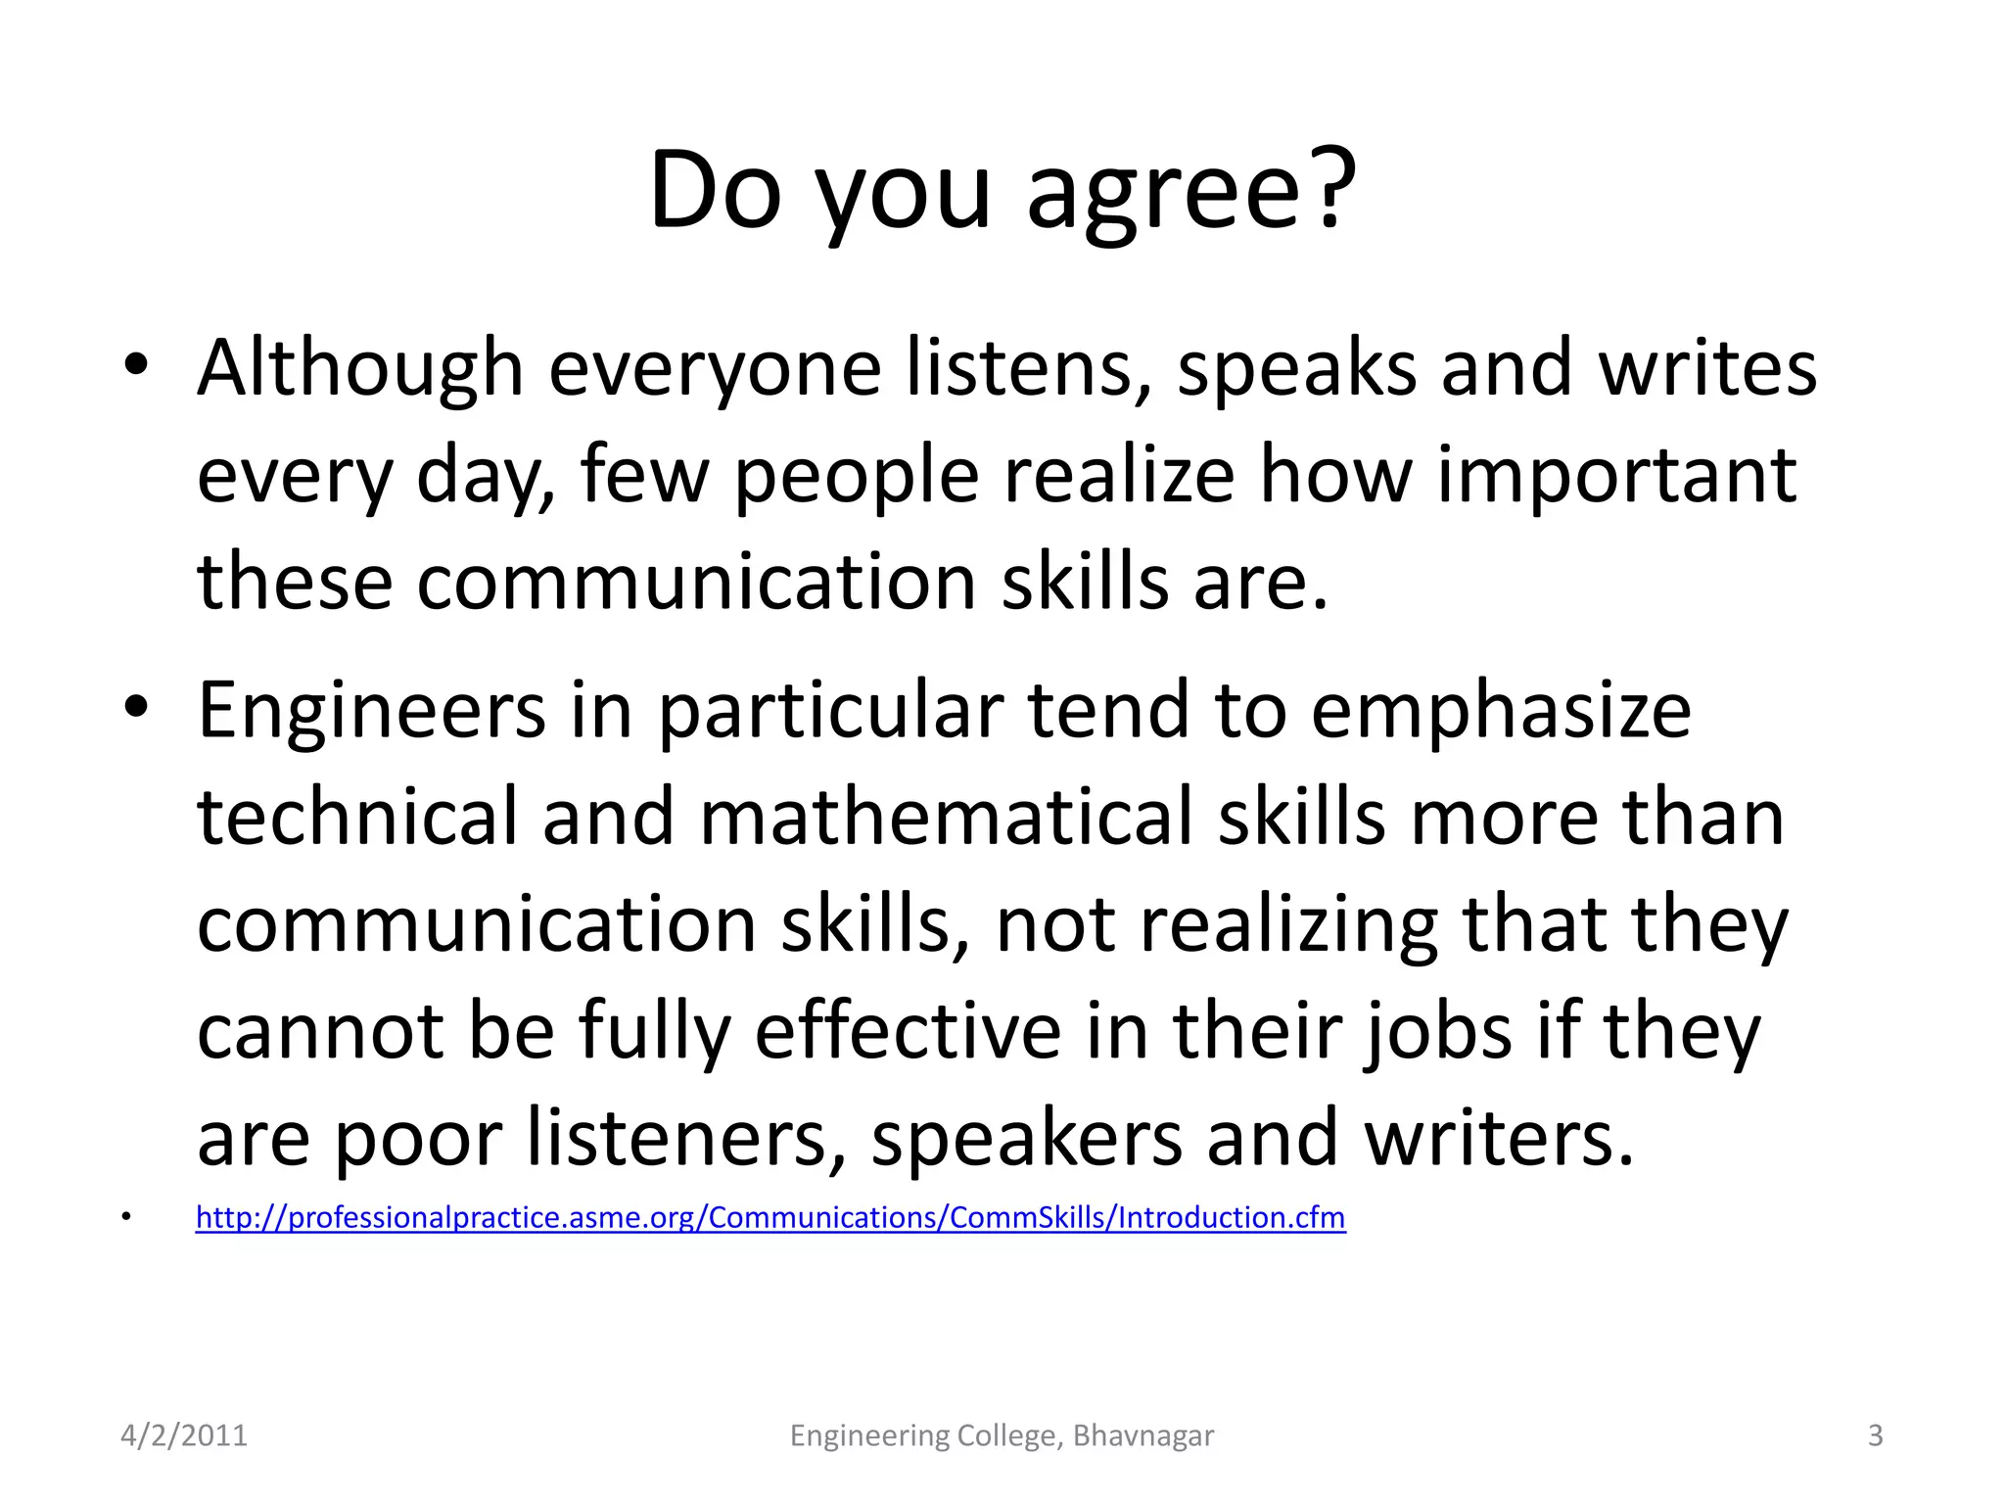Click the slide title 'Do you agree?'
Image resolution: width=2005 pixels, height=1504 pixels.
pos(1002,191)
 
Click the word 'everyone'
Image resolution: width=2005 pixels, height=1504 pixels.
pos(715,369)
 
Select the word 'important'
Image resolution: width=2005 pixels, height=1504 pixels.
pos(1615,477)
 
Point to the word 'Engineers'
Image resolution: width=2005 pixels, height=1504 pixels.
pos(371,711)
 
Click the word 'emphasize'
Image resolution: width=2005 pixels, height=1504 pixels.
pos(1501,711)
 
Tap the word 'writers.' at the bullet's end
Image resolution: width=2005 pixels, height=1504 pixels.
pos(1499,1139)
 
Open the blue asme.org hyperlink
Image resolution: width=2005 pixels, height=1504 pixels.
pos(770,1217)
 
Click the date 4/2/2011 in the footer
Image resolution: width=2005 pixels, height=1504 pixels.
pos(184,1435)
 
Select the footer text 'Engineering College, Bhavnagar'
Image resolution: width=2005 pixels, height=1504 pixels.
pos(1002,1435)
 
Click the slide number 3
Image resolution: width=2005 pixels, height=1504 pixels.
pos(1875,1435)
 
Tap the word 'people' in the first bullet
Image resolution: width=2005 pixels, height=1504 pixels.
pos(856,477)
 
